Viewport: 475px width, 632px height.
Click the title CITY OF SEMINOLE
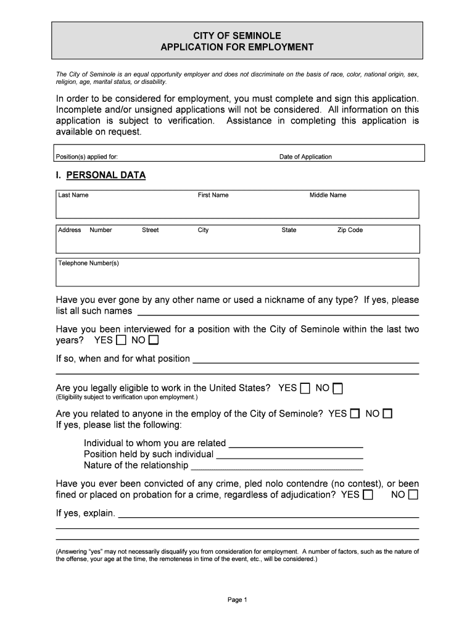click(x=237, y=36)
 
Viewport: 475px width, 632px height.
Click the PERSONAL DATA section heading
click(x=105, y=175)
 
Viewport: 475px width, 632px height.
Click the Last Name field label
click(x=73, y=195)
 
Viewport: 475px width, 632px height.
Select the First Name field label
click(x=213, y=195)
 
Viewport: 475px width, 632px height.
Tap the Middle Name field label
click(x=328, y=195)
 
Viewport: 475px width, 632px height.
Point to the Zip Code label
click(x=350, y=230)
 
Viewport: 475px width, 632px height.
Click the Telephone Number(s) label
click(x=88, y=264)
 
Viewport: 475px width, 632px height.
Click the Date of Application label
click(x=305, y=157)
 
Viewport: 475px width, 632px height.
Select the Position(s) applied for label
click(x=86, y=157)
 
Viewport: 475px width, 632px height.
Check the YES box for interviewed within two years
click(x=121, y=340)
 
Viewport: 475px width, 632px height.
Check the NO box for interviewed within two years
click(x=154, y=340)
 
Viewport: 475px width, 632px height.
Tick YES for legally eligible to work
click(x=305, y=388)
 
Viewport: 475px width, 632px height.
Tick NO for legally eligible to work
click(x=337, y=388)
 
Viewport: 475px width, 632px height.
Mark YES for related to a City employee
click(x=355, y=414)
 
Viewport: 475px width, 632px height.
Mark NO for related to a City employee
click(x=387, y=414)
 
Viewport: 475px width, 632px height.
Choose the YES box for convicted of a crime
click(x=368, y=495)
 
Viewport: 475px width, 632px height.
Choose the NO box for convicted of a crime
click(x=413, y=495)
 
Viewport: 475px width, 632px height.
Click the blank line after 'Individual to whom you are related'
click(x=295, y=444)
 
